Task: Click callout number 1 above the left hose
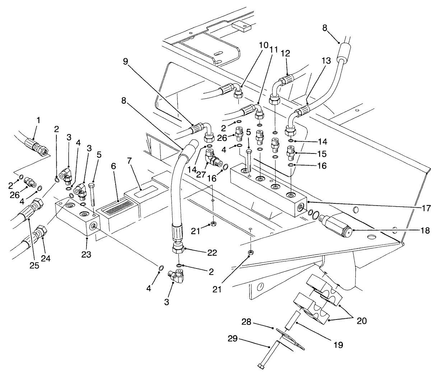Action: pyautogui.click(x=38, y=120)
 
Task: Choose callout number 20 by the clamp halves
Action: pyautogui.click(x=362, y=320)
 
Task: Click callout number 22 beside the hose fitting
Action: pyautogui.click(x=212, y=253)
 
